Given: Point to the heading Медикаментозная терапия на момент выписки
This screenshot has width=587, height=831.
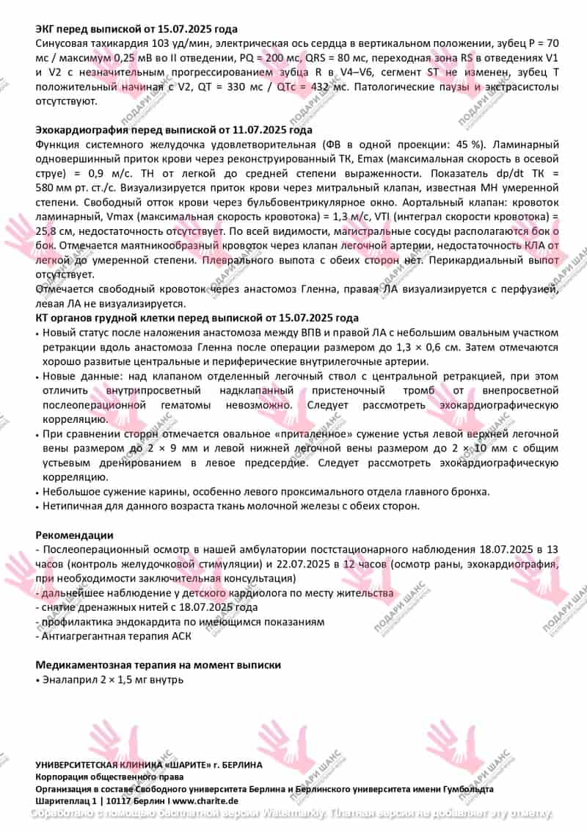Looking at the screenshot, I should coord(158,665).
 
